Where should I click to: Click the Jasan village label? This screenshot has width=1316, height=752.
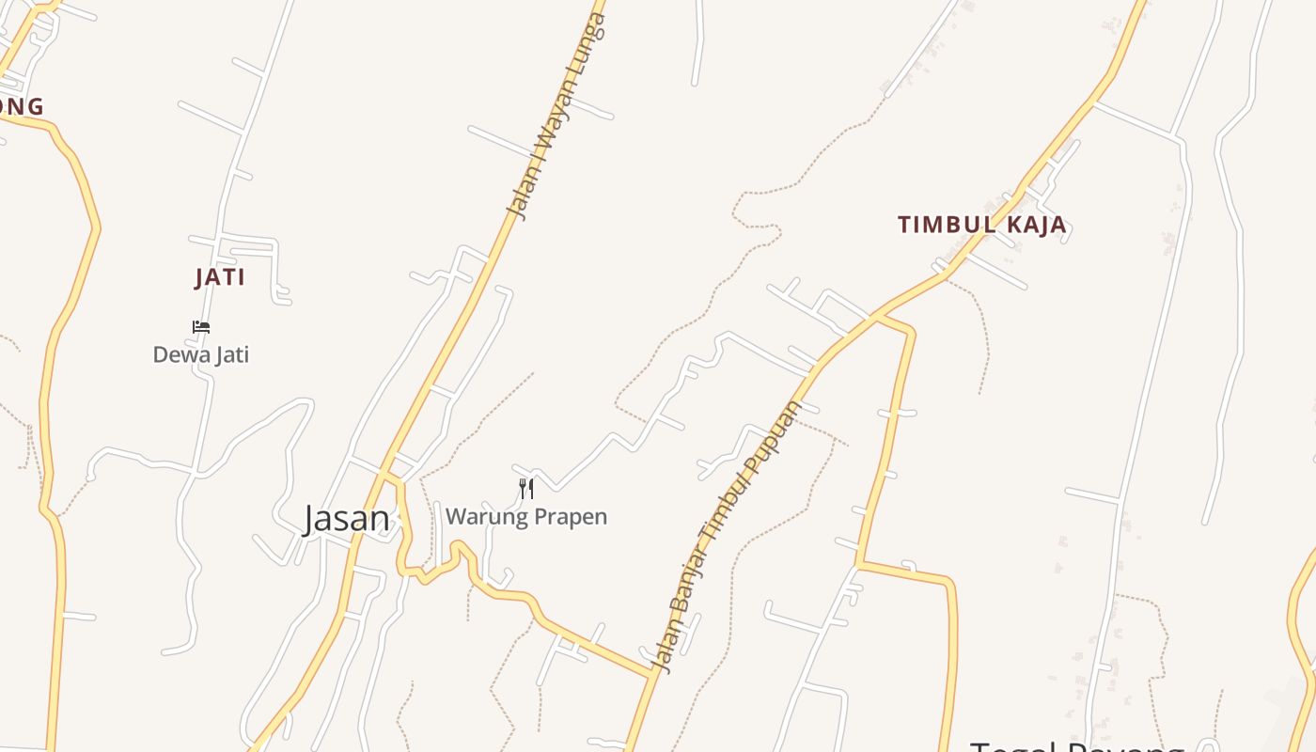(346, 519)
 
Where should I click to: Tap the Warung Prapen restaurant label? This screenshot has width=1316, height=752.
(526, 516)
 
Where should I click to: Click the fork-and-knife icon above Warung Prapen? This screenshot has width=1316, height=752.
(526, 488)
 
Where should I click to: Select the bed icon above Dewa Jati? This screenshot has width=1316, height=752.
(201, 327)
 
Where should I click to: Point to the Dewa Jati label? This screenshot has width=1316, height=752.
(201, 354)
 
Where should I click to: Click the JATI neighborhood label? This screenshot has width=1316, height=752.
(220, 277)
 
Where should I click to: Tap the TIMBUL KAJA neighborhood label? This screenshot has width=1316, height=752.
(982, 225)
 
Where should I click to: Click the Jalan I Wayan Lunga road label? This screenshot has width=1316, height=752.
(557, 117)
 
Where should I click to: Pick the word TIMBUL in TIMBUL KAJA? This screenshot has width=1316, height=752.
(943, 225)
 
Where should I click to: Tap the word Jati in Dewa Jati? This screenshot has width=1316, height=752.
(230, 354)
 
